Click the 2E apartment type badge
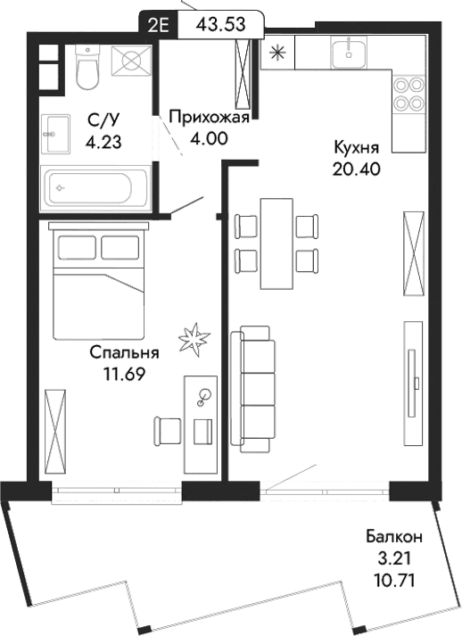tap(161, 23)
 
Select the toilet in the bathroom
tap(87, 70)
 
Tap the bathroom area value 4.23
tap(103, 140)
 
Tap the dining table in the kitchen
tap(276, 243)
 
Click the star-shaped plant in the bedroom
tap(194, 338)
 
